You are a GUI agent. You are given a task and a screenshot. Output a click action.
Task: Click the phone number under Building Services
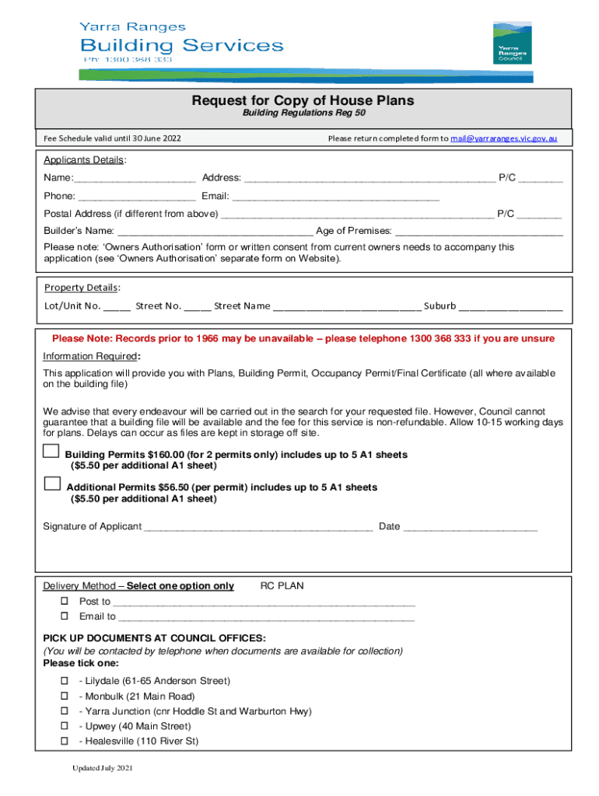128,59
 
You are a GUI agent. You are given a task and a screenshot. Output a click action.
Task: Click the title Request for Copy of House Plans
303,101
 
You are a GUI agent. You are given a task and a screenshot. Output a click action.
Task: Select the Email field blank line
342,197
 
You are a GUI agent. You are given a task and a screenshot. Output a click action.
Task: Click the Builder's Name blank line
215,231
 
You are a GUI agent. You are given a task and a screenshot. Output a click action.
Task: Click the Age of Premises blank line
478,231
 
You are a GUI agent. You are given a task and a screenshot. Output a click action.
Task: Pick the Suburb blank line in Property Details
511,306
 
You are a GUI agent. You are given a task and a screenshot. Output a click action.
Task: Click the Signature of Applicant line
258,527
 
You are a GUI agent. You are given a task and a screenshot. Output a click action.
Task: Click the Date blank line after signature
471,527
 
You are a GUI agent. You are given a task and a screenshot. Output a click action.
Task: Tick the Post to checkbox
65,602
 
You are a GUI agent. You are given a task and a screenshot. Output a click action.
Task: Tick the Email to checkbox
65,616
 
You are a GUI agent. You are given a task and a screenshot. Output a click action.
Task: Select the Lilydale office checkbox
65,681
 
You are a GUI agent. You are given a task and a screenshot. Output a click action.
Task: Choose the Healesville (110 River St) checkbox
65,742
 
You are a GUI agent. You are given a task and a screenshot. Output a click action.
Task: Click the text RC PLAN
282,585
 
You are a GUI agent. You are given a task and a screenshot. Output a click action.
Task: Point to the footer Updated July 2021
103,769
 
